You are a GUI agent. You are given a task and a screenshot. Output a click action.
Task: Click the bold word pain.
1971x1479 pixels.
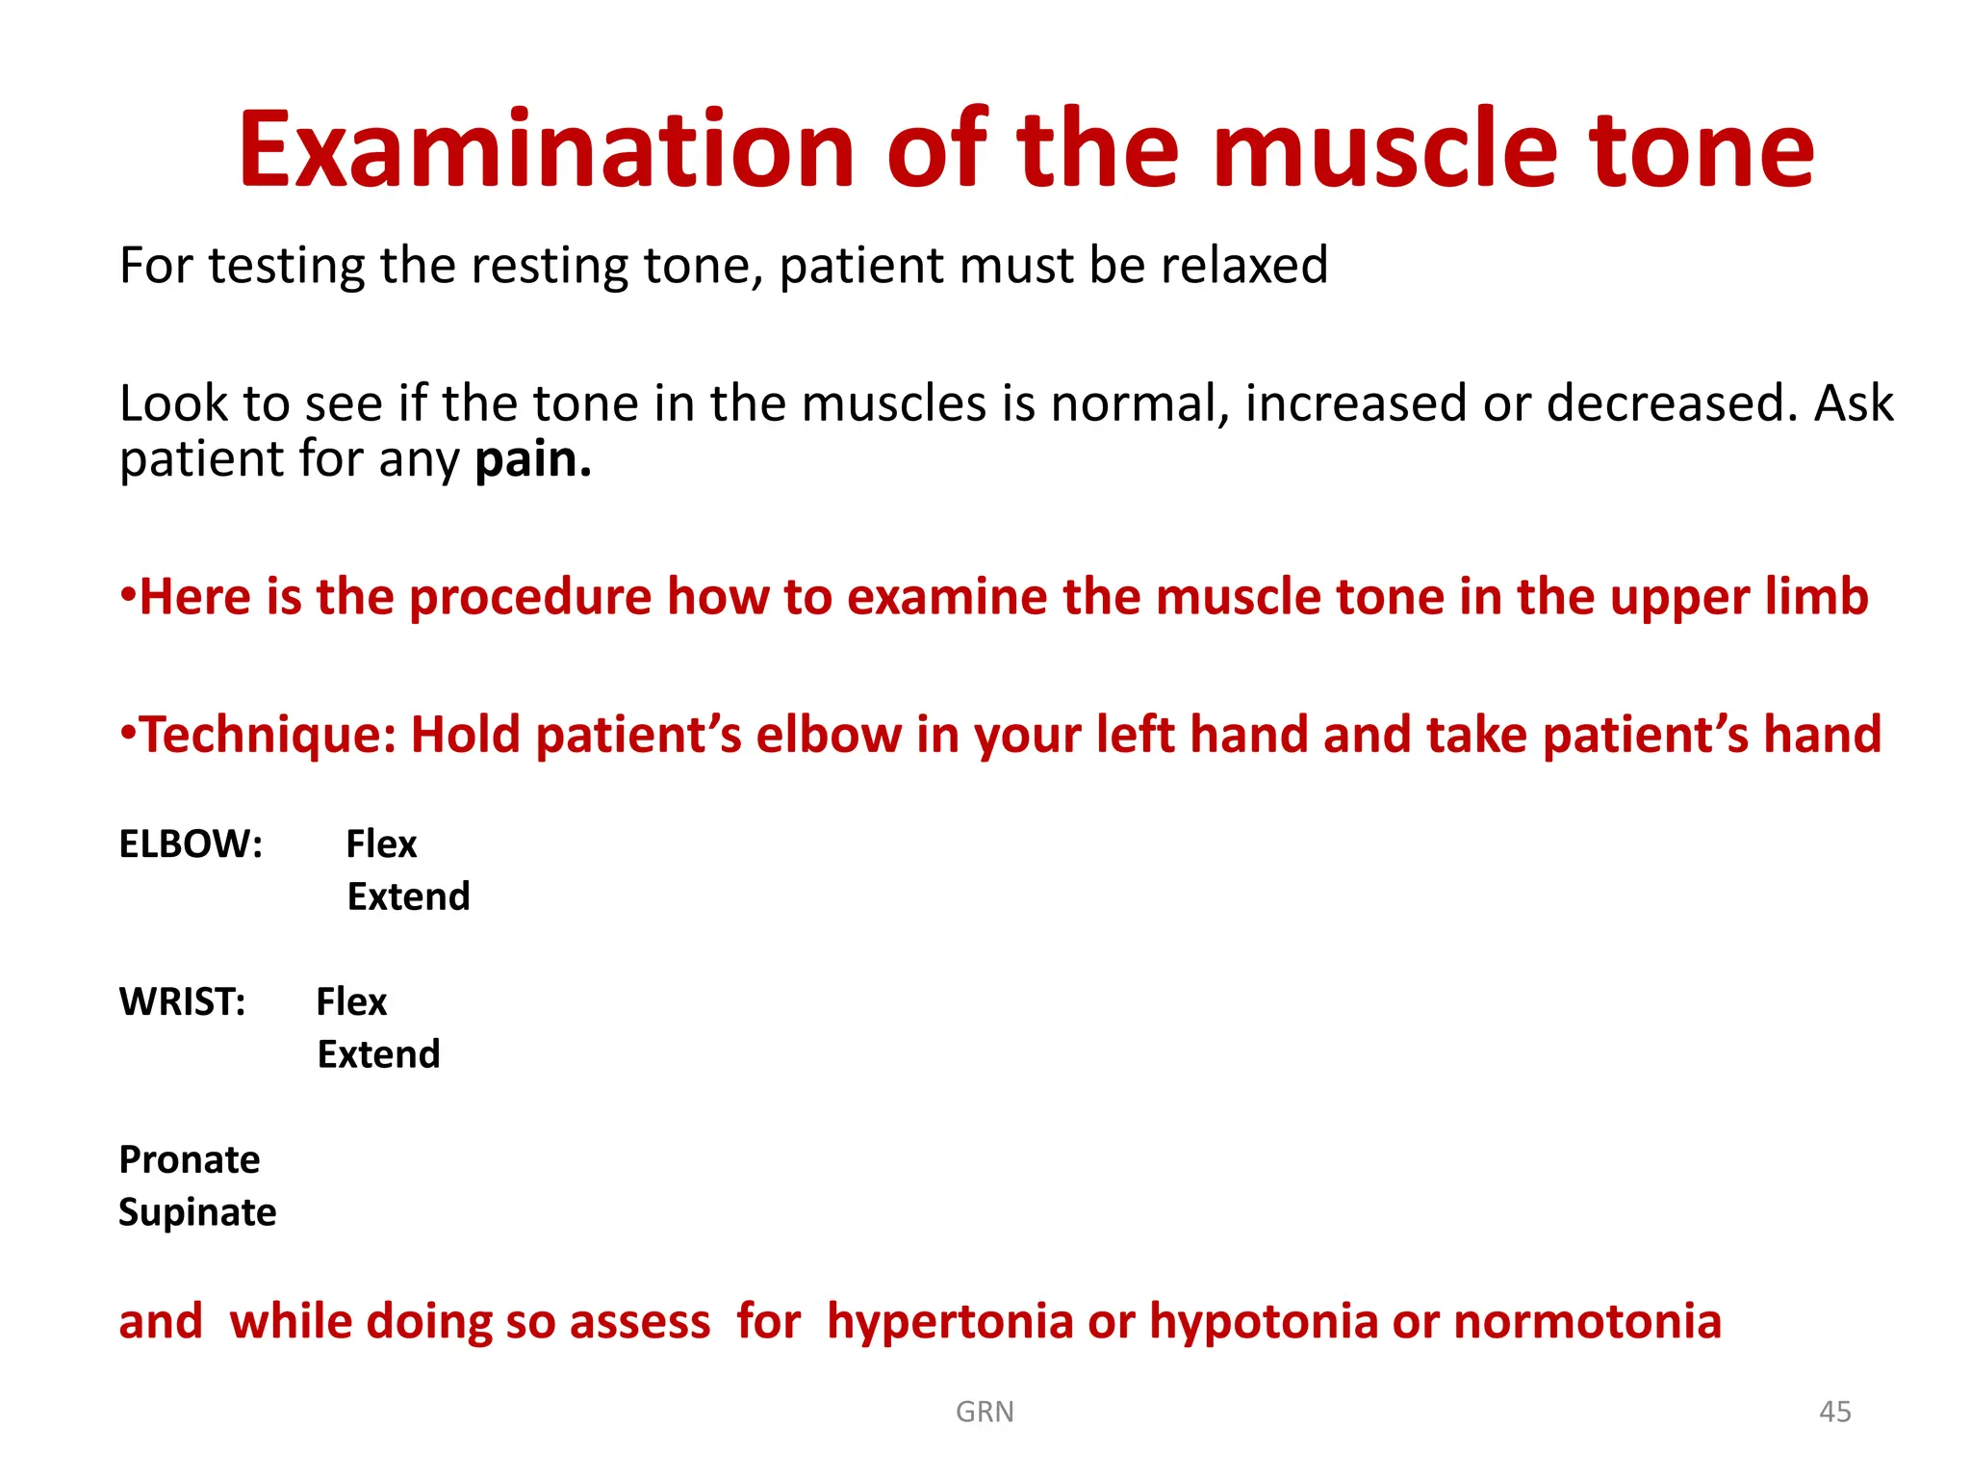tap(532, 459)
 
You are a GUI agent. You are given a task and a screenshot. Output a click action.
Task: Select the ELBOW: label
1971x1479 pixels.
tap(191, 844)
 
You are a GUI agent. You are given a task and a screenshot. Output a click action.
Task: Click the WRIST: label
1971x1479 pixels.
tap(182, 1002)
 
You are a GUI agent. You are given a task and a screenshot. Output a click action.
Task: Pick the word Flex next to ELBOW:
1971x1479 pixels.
tap(381, 844)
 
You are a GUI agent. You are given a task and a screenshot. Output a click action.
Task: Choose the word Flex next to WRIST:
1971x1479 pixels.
tap(351, 1002)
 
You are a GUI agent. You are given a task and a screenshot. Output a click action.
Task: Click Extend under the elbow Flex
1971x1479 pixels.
tap(408, 897)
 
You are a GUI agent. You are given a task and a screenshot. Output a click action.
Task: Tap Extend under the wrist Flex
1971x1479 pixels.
tap(378, 1055)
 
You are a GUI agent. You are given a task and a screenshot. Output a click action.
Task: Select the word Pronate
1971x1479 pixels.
tap(189, 1160)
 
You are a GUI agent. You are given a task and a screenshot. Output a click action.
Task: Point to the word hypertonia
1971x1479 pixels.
tap(950, 1321)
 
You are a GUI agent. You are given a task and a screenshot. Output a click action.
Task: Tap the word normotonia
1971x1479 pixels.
tap(1587, 1321)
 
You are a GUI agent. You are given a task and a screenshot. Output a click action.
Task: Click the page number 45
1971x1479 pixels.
tap(1834, 1412)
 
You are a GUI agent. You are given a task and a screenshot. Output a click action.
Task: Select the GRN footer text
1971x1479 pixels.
tap(985, 1412)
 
